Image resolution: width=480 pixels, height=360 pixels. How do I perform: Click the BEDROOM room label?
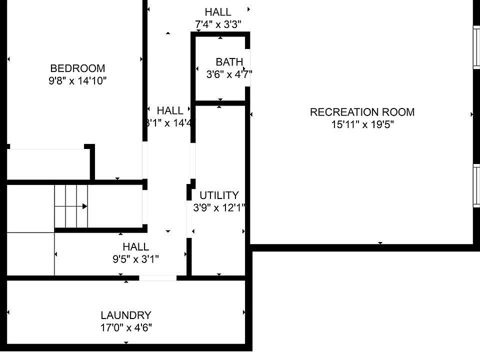point(77,68)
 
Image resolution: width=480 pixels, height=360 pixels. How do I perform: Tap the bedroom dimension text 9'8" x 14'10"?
point(77,80)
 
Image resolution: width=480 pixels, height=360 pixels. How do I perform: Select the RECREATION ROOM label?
point(362,112)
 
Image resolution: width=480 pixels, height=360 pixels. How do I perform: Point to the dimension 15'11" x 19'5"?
point(362,124)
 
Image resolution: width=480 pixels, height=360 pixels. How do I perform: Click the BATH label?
point(229,62)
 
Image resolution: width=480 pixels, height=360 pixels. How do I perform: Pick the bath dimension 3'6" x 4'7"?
point(229,74)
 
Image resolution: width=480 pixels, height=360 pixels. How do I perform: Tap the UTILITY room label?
point(219,195)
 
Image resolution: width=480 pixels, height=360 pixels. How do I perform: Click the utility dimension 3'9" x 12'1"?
point(219,207)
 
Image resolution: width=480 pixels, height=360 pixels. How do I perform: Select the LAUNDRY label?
point(126,315)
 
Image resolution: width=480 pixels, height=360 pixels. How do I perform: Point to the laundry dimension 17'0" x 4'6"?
point(126,328)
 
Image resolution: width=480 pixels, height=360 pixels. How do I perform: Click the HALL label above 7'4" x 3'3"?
point(218,12)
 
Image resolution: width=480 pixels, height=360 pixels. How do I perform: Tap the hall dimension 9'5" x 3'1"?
point(136,258)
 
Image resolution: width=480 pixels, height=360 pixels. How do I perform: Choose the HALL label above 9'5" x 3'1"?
point(136,246)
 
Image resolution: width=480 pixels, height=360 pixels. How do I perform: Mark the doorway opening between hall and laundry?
point(157,278)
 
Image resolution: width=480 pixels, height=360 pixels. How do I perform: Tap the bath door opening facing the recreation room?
point(247,68)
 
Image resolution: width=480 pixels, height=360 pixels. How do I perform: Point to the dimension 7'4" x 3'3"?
point(218,23)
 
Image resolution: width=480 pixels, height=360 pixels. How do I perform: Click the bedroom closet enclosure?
point(47,163)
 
